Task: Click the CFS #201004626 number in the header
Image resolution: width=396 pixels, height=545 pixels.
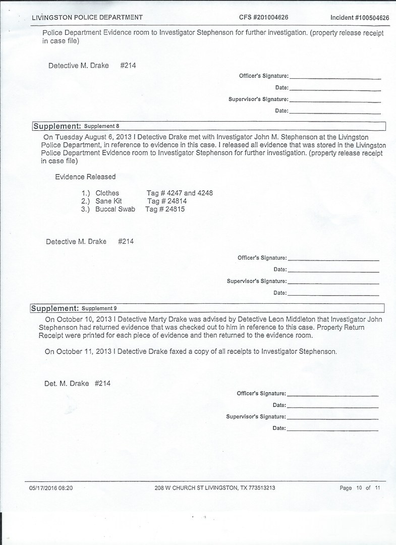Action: click(x=263, y=18)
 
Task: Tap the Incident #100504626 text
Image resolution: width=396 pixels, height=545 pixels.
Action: click(x=360, y=18)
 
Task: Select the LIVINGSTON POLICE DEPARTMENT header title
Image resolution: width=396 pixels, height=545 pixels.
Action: click(x=87, y=18)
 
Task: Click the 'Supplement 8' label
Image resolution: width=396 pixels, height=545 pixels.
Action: click(x=101, y=126)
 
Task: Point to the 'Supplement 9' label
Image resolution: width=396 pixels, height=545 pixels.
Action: click(x=99, y=308)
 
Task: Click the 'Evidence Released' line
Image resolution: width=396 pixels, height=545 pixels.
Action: click(x=85, y=177)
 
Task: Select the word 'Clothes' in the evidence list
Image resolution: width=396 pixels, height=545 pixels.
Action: click(x=107, y=193)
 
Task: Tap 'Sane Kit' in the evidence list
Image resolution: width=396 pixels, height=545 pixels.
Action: click(x=108, y=201)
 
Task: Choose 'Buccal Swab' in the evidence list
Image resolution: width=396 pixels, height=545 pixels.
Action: click(x=115, y=209)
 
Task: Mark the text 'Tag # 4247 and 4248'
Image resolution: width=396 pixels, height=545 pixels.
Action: click(x=180, y=193)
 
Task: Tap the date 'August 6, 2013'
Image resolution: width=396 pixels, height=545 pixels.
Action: click(x=111, y=137)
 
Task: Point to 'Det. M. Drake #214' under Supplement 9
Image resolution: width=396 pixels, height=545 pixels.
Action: click(x=77, y=384)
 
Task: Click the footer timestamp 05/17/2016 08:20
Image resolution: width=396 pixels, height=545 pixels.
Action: click(x=51, y=488)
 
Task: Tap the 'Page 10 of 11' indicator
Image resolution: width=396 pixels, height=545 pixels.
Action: click(x=360, y=488)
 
